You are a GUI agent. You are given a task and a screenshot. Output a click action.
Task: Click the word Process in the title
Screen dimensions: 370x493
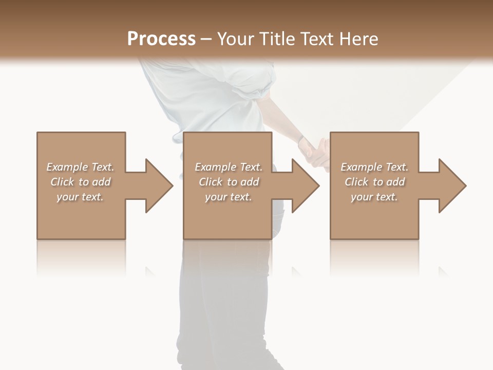click(x=161, y=39)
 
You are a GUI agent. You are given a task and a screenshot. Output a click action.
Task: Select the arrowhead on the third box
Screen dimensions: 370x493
click(x=451, y=186)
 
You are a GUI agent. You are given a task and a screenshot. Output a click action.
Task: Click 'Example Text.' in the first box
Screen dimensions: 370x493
click(x=80, y=167)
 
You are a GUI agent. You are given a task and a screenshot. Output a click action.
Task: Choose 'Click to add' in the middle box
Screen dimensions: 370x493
click(x=229, y=182)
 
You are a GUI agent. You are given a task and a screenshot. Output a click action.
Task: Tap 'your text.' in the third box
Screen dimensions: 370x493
click(x=374, y=197)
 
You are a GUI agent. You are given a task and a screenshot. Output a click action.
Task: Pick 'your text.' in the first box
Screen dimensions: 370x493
click(x=80, y=197)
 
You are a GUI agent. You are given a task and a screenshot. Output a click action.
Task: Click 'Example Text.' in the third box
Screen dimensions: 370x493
click(x=374, y=167)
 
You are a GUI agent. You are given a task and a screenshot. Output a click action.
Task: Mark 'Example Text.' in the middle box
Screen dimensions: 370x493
click(x=229, y=167)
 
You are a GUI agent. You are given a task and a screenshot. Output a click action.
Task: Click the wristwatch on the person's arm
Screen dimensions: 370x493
click(x=300, y=140)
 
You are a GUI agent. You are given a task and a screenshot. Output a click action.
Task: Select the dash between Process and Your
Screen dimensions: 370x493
click(x=206, y=40)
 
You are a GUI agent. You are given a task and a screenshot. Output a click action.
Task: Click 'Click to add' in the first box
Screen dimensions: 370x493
click(x=80, y=182)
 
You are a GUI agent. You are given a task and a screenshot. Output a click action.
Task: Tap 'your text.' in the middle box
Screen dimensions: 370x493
click(x=229, y=197)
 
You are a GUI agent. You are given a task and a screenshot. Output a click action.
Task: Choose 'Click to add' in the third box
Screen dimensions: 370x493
click(x=374, y=182)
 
